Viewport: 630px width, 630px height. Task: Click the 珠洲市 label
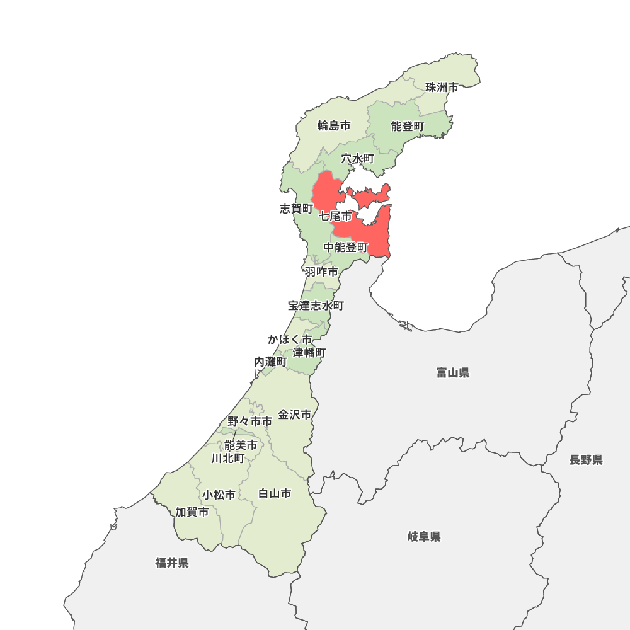tap(442, 88)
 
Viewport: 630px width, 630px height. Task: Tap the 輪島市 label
tap(334, 125)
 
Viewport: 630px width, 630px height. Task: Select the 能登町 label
tap(408, 127)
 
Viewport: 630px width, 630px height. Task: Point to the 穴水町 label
tap(358, 159)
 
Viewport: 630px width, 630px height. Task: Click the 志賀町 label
tap(296, 209)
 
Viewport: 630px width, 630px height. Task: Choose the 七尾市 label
tap(335, 216)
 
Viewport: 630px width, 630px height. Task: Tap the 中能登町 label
tap(346, 248)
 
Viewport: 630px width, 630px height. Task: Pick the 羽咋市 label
tap(321, 272)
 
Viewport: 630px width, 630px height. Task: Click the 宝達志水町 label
tap(316, 306)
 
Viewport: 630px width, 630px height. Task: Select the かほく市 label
tap(289, 340)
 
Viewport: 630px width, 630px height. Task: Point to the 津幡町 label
tap(309, 352)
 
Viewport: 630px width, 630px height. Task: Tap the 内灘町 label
tap(270, 362)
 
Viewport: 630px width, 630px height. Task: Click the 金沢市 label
tap(295, 415)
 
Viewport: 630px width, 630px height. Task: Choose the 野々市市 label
tap(250, 421)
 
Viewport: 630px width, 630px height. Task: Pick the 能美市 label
tap(241, 445)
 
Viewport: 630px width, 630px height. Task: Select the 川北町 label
tap(228, 458)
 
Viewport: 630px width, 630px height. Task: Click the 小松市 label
tap(219, 495)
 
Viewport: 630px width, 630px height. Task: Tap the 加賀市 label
tap(192, 512)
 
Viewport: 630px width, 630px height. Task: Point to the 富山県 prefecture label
tap(453, 373)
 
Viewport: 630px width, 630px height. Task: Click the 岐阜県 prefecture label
tap(424, 537)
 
